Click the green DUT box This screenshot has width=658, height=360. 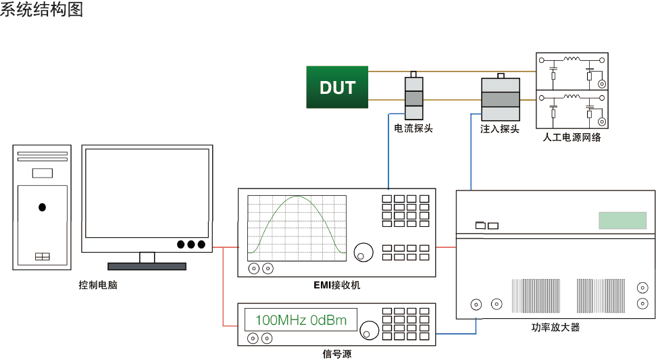pos(337,87)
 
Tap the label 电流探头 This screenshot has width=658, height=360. pos(413,128)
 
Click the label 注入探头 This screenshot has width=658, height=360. pos(500,129)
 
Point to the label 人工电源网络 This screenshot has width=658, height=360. pos(572,138)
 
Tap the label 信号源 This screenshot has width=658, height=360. pos(337,354)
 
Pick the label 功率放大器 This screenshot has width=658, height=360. pos(555,328)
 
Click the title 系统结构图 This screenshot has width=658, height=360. pos(42,9)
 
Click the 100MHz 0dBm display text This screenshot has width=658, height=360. pos(301,320)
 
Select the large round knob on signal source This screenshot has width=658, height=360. pos(370,330)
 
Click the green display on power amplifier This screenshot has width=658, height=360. pos(622,220)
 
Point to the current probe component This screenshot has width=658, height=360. pos(413,97)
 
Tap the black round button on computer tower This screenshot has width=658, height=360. pos(43,207)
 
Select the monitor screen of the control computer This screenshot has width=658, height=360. pos(145,193)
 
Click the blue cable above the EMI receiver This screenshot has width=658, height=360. pos(388,155)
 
